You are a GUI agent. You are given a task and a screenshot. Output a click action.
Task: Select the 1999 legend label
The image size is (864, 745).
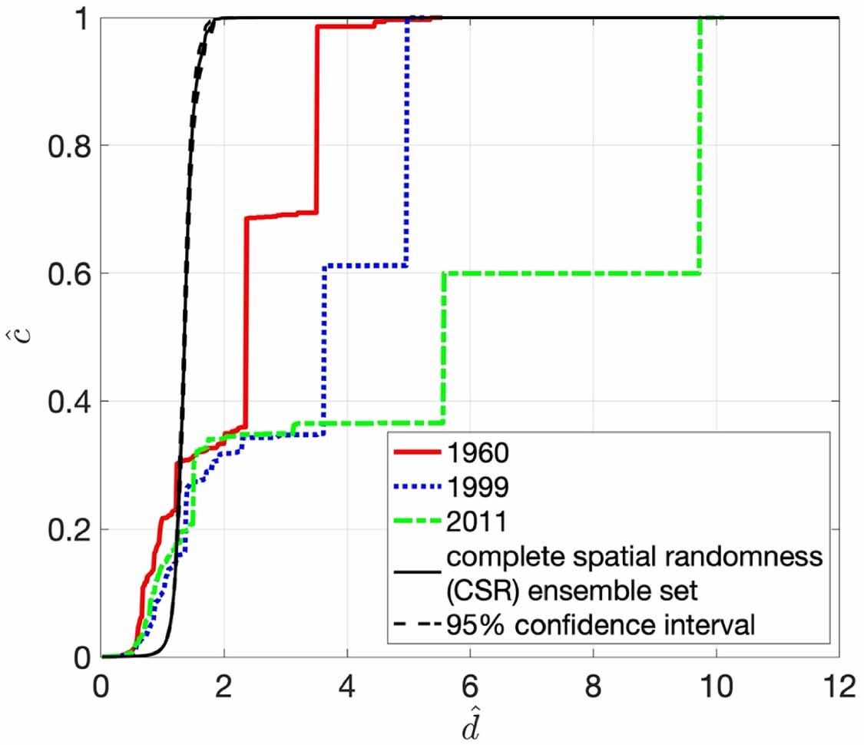click(x=475, y=487)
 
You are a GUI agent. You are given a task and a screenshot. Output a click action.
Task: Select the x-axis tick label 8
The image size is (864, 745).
click(x=593, y=686)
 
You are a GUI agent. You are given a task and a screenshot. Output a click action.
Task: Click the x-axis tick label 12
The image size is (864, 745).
click(x=838, y=686)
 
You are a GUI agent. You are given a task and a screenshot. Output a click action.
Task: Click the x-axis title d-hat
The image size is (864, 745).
click(x=469, y=722)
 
